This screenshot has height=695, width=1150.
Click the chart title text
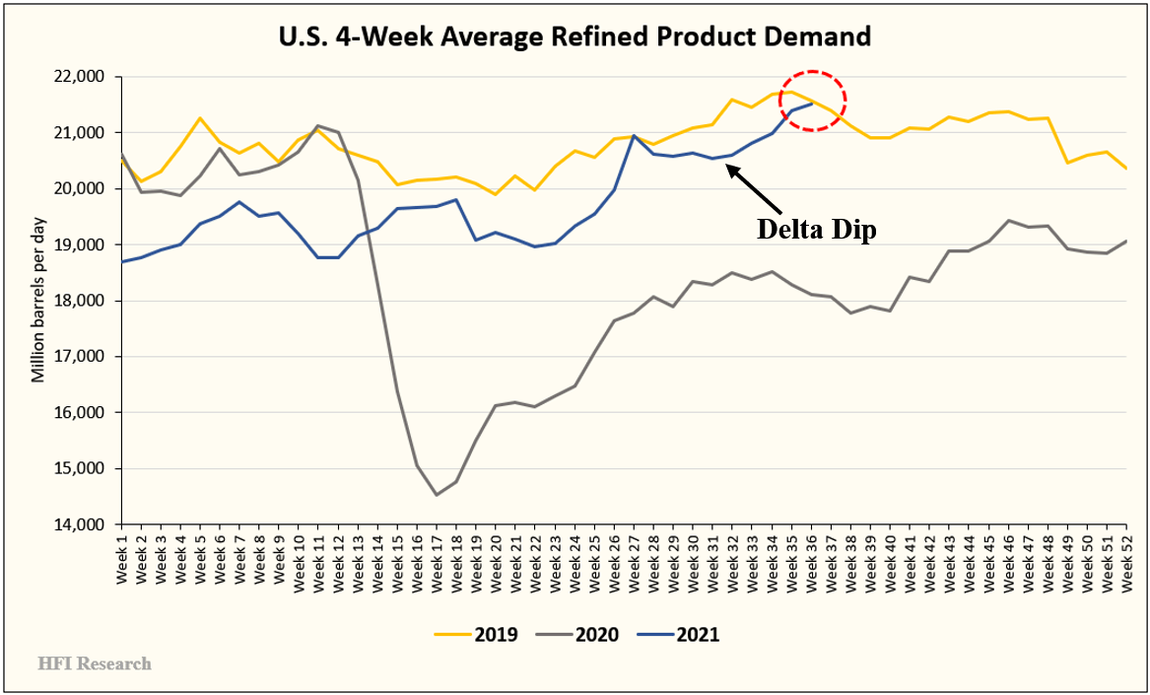point(575,37)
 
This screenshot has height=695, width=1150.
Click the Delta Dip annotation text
point(816,228)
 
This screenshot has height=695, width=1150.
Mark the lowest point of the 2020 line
point(437,495)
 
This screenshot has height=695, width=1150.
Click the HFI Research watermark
point(95,663)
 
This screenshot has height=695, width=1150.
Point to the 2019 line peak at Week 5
point(200,118)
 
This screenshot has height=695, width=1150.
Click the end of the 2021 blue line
point(811,104)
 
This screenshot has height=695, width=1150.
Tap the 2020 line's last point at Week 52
point(1126,241)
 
